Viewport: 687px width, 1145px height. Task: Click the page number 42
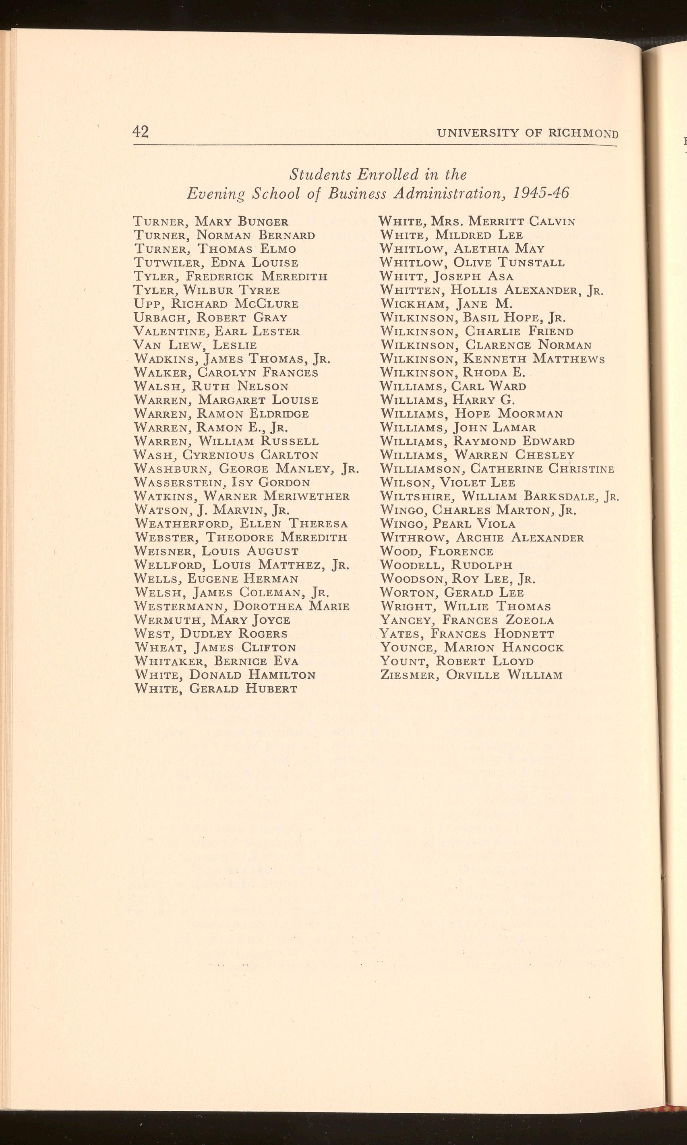[141, 132]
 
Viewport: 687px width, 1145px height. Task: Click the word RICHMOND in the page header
[583, 134]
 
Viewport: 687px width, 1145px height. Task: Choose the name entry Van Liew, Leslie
[195, 345]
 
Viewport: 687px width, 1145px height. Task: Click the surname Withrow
[414, 537]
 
